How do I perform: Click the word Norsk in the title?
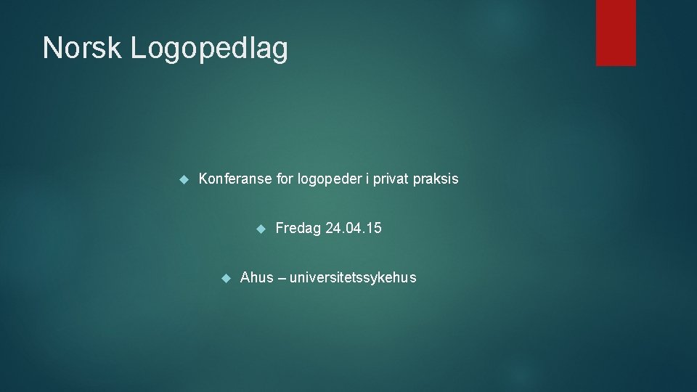click(82, 49)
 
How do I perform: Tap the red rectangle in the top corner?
click(616, 33)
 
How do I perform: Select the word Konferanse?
click(235, 179)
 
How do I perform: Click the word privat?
click(392, 179)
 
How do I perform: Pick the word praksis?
click(436, 179)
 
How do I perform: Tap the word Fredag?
click(298, 229)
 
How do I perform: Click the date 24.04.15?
click(354, 229)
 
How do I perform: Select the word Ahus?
click(257, 277)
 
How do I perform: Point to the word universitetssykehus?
click(353, 278)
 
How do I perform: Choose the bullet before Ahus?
click(225, 278)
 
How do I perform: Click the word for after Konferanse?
click(285, 179)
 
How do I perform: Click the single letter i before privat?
click(368, 179)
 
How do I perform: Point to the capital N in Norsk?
click(52, 49)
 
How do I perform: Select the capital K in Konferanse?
click(203, 179)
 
